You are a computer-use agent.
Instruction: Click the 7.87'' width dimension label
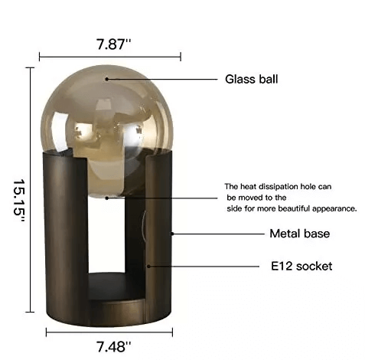click(x=113, y=44)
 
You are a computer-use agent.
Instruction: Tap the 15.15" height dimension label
click(x=19, y=201)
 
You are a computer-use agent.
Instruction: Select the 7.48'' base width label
click(x=113, y=347)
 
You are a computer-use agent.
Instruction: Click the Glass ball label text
click(x=252, y=79)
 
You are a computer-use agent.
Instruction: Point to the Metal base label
click(x=300, y=234)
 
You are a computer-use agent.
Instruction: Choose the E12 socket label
click(x=301, y=267)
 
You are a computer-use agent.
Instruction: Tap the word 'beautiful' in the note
click(x=294, y=208)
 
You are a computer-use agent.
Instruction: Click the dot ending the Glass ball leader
click(x=107, y=79)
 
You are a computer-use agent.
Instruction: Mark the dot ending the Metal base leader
click(x=172, y=234)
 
